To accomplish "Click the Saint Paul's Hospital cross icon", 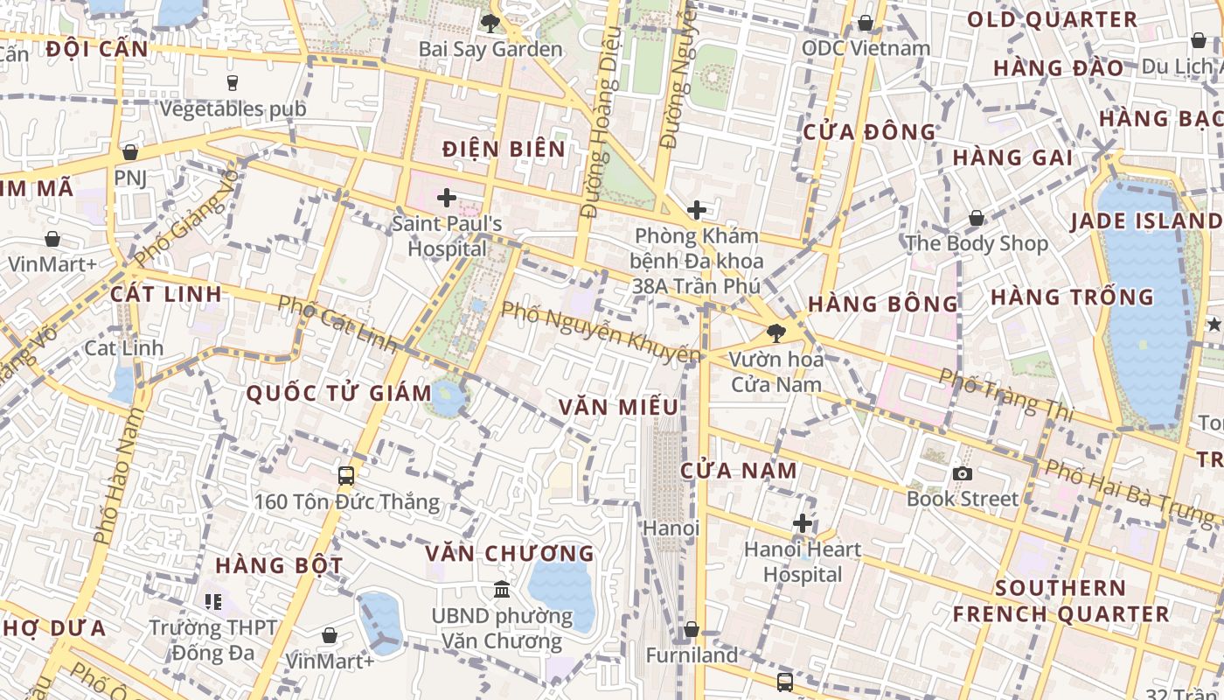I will click(x=447, y=199).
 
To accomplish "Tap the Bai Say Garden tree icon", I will click(x=490, y=23).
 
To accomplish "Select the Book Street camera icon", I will click(x=963, y=473).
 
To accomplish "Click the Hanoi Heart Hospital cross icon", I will click(x=803, y=524).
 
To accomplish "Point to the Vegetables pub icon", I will click(x=233, y=83).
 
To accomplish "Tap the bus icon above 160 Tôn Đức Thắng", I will click(x=346, y=476).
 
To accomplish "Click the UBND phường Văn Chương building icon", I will click(x=502, y=590).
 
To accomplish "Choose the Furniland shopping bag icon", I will click(x=691, y=629).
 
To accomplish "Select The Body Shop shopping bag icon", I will click(x=976, y=218).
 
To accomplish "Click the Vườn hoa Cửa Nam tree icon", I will click(x=775, y=332).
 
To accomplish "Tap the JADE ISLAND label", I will click(x=1145, y=220).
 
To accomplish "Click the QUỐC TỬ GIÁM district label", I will click(x=339, y=394).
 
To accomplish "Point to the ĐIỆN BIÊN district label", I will click(x=504, y=149).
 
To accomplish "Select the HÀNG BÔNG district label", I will click(x=883, y=304).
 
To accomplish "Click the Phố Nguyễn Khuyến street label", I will click(x=601, y=332).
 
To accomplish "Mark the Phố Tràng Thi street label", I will click(x=1005, y=392).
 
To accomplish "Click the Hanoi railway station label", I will click(x=671, y=528).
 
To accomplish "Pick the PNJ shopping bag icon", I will click(x=130, y=152).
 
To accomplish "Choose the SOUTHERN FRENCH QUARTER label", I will click(x=1061, y=600).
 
